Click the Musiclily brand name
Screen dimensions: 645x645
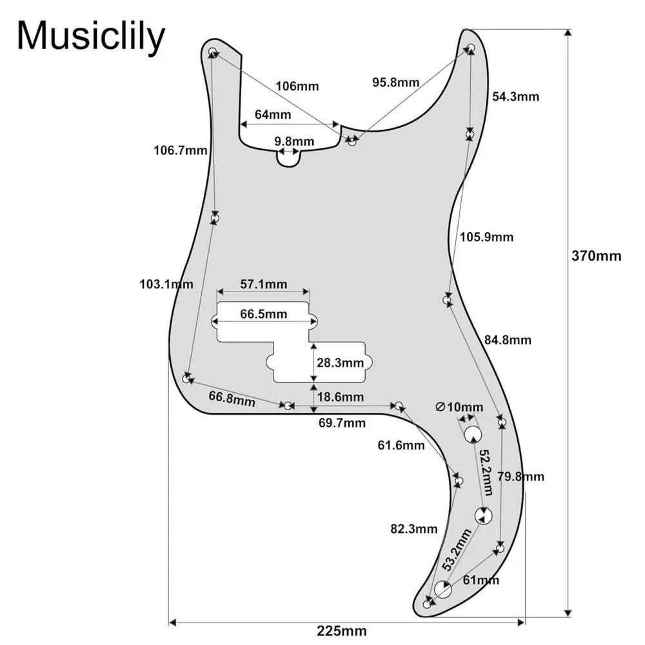(x=90, y=37)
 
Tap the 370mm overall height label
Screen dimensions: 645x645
(x=596, y=256)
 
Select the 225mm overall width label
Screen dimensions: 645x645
(x=341, y=631)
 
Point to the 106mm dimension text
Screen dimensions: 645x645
(x=297, y=86)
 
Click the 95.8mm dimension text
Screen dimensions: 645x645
(x=396, y=83)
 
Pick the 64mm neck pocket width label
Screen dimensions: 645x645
(x=273, y=114)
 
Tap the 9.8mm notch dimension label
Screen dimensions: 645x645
(x=294, y=141)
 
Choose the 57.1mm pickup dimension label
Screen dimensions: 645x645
(x=264, y=284)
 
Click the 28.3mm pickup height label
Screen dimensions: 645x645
(x=340, y=362)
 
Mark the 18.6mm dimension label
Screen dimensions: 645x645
(x=340, y=397)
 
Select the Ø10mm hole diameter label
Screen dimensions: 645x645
(x=459, y=407)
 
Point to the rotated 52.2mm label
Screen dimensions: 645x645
(x=486, y=472)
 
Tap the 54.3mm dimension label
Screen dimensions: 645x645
(x=515, y=97)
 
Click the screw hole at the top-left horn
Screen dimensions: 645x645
(x=212, y=52)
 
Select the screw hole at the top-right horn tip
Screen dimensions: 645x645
(x=471, y=47)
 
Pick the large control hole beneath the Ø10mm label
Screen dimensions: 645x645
(x=473, y=434)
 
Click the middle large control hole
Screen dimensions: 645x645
(x=483, y=516)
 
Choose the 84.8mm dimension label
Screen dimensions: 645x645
(x=508, y=340)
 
